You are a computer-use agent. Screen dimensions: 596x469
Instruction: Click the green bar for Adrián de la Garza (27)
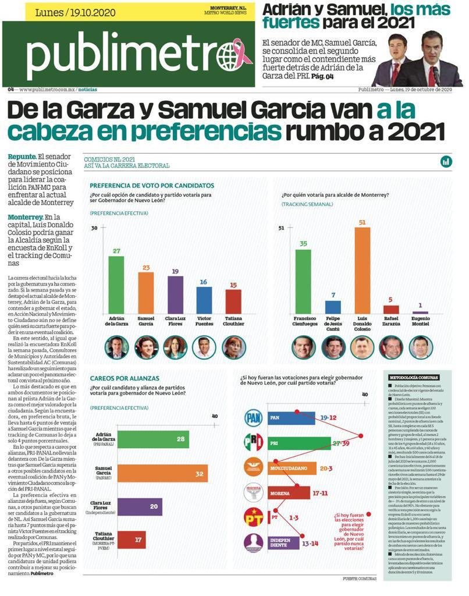click(116, 285)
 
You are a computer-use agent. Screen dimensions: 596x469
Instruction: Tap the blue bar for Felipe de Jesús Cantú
click(333, 307)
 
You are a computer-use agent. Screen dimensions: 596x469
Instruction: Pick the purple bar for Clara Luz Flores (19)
click(175, 295)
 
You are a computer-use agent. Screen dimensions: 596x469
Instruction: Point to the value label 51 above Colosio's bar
click(362, 222)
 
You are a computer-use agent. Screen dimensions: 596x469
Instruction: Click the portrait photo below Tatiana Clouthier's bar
click(233, 347)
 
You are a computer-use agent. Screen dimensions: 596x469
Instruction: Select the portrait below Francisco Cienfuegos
click(303, 347)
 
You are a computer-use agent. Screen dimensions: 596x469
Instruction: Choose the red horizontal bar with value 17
click(140, 539)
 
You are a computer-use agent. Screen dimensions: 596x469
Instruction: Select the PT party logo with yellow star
click(253, 517)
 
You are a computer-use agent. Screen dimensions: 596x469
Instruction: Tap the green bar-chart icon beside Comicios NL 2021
click(446, 161)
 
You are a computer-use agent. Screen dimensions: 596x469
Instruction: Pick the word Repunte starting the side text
click(22, 157)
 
